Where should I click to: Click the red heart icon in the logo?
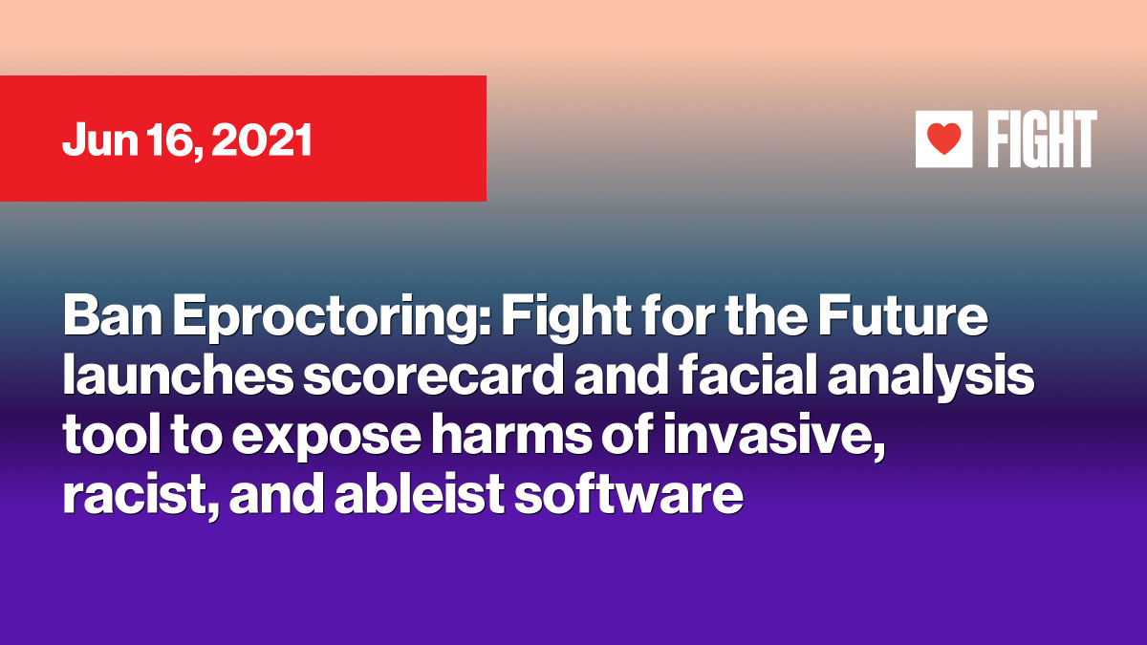click(x=944, y=139)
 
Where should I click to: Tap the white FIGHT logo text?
click(x=1042, y=139)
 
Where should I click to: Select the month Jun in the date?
click(x=100, y=140)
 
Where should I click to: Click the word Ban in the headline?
click(x=112, y=316)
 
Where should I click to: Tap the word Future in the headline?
click(x=902, y=316)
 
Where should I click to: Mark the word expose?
click(x=326, y=441)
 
